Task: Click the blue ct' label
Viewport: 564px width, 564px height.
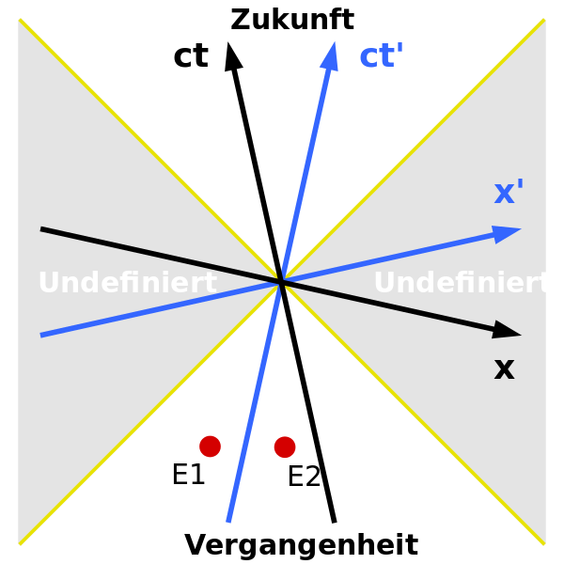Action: tap(381, 56)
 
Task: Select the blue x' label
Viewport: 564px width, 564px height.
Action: tap(509, 192)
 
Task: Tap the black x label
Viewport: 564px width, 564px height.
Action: tap(504, 368)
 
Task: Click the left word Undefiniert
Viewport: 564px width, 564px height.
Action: tap(127, 283)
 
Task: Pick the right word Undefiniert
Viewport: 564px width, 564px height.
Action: tap(462, 283)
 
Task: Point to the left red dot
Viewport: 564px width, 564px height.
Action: tap(210, 446)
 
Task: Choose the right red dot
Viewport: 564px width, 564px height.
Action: tap(285, 446)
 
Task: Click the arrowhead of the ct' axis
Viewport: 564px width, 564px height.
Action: tap(330, 55)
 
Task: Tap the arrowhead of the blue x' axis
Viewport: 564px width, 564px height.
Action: tap(508, 232)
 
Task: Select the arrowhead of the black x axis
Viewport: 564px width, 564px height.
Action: tap(508, 330)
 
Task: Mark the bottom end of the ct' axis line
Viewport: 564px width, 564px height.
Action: tap(228, 521)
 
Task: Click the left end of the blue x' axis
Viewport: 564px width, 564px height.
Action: tap(42, 335)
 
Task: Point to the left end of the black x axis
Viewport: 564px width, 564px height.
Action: tap(42, 228)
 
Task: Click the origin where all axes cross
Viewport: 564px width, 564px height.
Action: tap(281, 281)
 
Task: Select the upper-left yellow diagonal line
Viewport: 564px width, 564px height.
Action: tap(150, 150)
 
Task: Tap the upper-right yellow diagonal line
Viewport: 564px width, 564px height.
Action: tap(414, 150)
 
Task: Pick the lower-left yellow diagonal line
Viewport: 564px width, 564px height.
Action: tap(150, 414)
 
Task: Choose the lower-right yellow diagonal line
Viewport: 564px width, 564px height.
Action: tap(414, 414)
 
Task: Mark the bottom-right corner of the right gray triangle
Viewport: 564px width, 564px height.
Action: tap(543, 541)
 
